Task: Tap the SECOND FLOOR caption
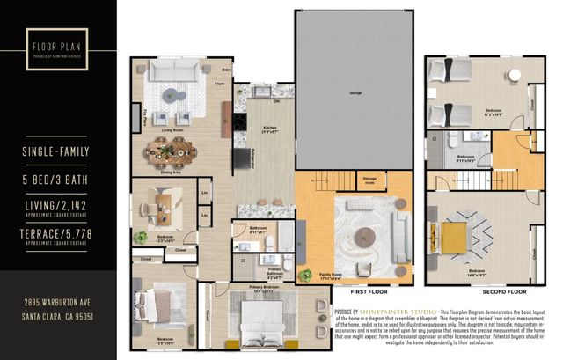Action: tap(505, 290)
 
